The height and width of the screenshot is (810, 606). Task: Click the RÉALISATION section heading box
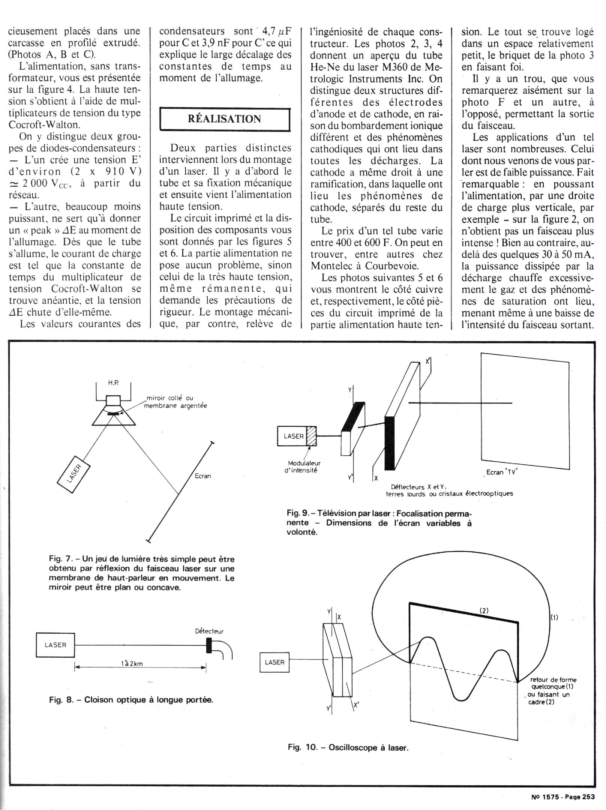pyautogui.click(x=225, y=119)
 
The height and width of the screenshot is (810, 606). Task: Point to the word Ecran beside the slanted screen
pyautogui.click(x=203, y=476)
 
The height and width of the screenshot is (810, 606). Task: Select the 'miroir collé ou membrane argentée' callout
pyautogui.click(x=176, y=402)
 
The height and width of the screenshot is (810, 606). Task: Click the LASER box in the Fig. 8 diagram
pyautogui.click(x=55, y=645)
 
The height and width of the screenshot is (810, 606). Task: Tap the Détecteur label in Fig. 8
pyautogui.click(x=209, y=631)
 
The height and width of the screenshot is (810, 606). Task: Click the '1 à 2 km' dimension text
pyautogui.click(x=132, y=663)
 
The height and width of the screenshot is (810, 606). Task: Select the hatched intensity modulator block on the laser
pyautogui.click(x=311, y=436)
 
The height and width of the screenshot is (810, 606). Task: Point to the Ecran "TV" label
pyautogui.click(x=501, y=472)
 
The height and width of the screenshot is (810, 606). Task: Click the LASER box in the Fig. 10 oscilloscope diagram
pyautogui.click(x=274, y=662)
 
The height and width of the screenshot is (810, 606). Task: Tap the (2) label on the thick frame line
pyautogui.click(x=484, y=610)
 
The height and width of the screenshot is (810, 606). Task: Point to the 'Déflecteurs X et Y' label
pyautogui.click(x=417, y=487)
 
